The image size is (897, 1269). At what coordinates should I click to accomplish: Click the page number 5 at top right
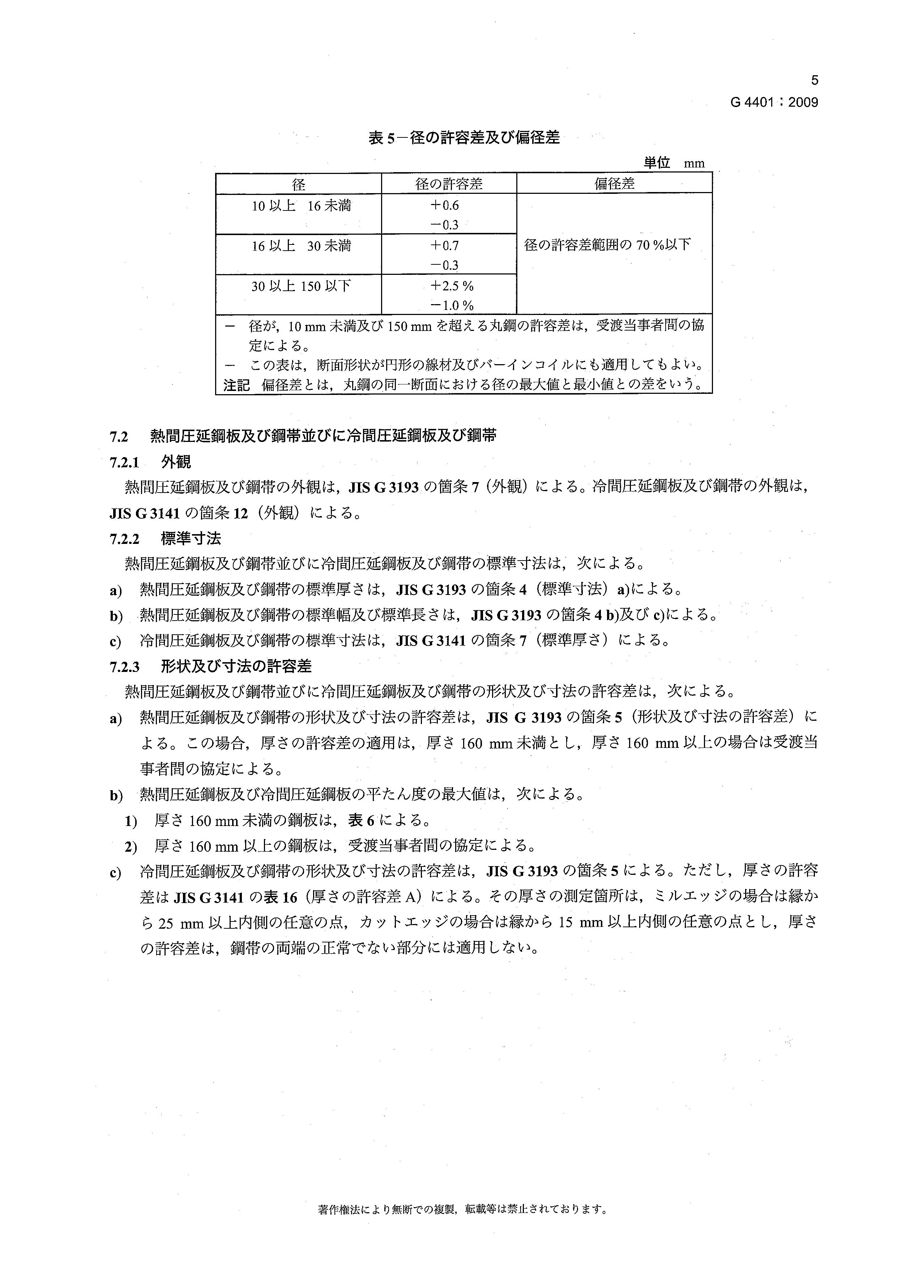[x=814, y=81]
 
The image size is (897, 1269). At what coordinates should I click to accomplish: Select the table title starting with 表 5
[x=464, y=138]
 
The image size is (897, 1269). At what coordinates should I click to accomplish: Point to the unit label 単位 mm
[x=674, y=163]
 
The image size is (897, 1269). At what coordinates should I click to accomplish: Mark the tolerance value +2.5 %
[x=452, y=286]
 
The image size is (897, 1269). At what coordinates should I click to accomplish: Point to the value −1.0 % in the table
[x=452, y=305]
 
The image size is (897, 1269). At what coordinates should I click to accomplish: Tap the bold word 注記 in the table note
[x=236, y=385]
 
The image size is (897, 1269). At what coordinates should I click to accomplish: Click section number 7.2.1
[x=124, y=462]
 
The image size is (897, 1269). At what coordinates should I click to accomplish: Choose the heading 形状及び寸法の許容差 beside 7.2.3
[x=236, y=667]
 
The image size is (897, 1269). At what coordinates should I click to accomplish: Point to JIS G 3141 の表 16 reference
[x=236, y=897]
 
